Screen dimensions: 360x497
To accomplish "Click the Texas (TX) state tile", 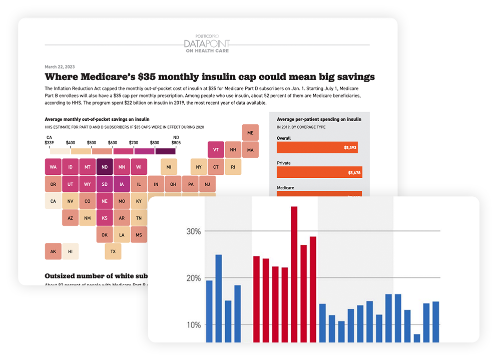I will tap(113, 251).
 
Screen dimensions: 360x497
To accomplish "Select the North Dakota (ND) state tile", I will tap(105, 167).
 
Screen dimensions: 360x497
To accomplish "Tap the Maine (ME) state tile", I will tap(250, 133).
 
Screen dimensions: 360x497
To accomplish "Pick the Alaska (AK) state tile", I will tap(53, 251).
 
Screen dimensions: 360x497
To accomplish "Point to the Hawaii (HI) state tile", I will tap(71, 251).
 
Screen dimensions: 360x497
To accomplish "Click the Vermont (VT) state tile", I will tap(216, 150).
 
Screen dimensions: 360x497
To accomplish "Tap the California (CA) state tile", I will tap(53, 201).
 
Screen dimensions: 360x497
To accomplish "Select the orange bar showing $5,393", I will tap(317, 148).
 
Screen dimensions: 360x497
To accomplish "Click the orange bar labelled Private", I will tap(319, 173).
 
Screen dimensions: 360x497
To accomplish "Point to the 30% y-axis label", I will tap(193, 231).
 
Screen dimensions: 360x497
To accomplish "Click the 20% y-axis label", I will tap(193, 278).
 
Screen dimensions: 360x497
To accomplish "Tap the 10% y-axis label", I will tap(193, 324).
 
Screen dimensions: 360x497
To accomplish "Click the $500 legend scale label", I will tap(92, 143).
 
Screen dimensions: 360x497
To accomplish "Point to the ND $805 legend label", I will tap(176, 140).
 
